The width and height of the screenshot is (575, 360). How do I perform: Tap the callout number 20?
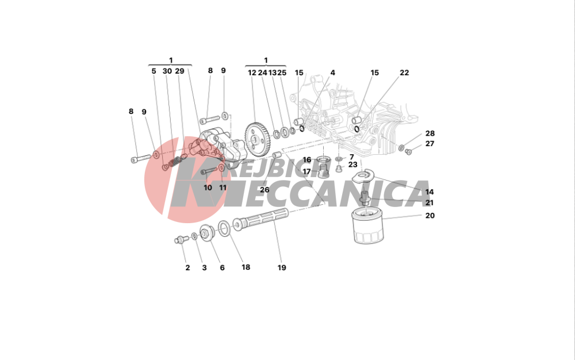(430, 216)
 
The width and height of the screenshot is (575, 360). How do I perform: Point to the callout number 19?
(281, 267)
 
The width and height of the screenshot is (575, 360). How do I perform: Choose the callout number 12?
(252, 73)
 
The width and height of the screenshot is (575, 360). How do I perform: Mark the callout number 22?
(404, 73)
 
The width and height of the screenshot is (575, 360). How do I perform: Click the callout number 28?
(430, 133)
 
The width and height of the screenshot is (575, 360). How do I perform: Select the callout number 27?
(430, 144)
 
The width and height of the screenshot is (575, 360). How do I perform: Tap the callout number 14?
(430, 192)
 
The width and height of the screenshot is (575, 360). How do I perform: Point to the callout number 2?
(187, 267)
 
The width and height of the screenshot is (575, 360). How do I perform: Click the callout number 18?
(246, 267)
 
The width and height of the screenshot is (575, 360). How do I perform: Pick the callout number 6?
(222, 267)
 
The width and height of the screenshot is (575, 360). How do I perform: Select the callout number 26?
(264, 190)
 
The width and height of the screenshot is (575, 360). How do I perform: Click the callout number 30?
(167, 71)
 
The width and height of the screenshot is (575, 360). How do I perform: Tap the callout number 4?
(332, 73)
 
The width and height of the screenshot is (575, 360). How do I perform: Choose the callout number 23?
(352, 164)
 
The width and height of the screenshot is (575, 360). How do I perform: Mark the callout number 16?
(306, 160)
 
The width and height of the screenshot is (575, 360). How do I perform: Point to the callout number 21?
(430, 203)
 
